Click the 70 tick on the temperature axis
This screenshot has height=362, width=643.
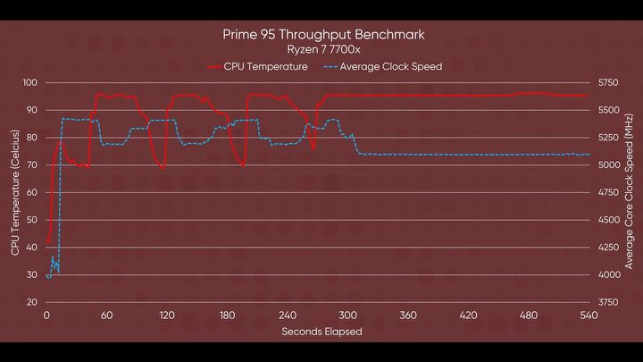click(x=31, y=165)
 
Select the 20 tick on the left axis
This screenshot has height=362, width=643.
click(x=31, y=302)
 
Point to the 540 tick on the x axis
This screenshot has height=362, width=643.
click(x=589, y=316)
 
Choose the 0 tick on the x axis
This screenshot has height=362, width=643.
click(x=46, y=316)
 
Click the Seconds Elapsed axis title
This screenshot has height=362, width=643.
click(x=321, y=331)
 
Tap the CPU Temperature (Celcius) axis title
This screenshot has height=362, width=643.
click(x=14, y=191)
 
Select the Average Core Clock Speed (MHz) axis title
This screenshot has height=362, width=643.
click(x=630, y=191)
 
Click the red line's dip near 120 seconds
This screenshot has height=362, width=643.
click(x=163, y=166)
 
